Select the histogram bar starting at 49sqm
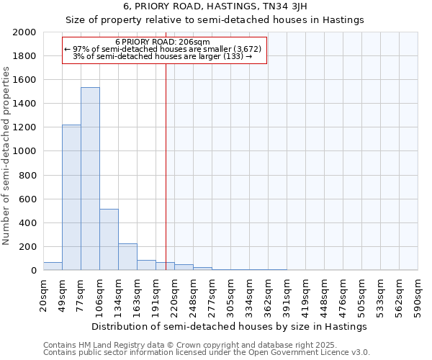coord(71,197)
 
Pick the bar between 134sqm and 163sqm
coord(127,256)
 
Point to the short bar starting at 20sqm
coord(53,266)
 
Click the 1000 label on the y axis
coord(25,152)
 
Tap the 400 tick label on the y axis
coord(28,223)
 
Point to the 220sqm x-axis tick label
coord(174,293)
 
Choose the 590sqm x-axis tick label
coord(418,293)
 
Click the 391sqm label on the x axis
coord(287,293)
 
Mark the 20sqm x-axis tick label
coord(43,293)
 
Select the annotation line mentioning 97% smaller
coord(165,50)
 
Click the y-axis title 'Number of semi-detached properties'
coord(7,156)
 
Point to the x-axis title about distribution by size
coord(230,326)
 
